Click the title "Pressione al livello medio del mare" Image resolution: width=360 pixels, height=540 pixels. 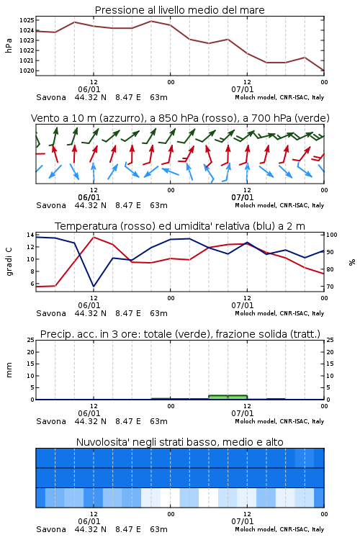tap(179, 10)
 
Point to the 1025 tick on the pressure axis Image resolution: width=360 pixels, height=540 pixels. tap(27, 20)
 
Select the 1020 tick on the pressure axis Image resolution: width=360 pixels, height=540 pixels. tap(27, 71)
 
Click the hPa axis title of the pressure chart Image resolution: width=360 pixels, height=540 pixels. tap(9, 45)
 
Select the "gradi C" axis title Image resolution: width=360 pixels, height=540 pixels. tap(9, 262)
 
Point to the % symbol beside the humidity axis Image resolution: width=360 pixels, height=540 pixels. tap(352, 262)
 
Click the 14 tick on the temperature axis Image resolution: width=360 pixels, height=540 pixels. tap(30, 235)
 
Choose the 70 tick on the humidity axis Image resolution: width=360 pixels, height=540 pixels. tap(330, 287)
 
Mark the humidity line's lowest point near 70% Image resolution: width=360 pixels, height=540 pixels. tap(94, 286)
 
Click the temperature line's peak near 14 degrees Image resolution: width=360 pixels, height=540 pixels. tap(94, 237)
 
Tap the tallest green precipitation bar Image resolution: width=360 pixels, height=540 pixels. tap(228, 397)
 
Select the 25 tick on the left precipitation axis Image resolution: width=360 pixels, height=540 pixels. tap(30, 340)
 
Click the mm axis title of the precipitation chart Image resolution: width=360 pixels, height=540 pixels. tap(9, 370)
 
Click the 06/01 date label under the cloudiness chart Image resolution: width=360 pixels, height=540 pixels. tap(89, 521)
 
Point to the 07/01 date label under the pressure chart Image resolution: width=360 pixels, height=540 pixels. tap(243, 89)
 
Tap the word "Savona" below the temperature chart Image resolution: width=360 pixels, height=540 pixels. tap(51, 313)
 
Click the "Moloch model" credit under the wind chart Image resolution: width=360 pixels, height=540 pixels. tap(256, 205)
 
